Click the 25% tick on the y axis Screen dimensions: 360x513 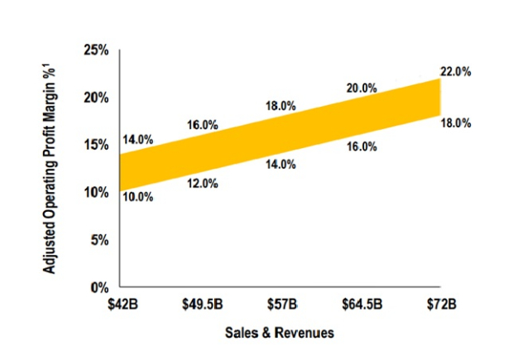[98, 50]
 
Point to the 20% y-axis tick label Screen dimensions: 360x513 [98, 98]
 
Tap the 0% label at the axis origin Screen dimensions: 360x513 [101, 287]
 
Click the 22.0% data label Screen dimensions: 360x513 [455, 72]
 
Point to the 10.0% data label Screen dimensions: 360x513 [138, 197]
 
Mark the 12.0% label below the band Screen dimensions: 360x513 [202, 183]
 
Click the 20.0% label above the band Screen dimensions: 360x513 [362, 88]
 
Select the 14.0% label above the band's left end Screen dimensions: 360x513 [138, 139]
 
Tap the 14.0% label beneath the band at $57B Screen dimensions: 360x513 [281, 164]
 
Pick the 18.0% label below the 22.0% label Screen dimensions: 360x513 [455, 123]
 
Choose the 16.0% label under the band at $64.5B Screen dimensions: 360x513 [362, 146]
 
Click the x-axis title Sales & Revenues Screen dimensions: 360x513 [280, 333]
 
